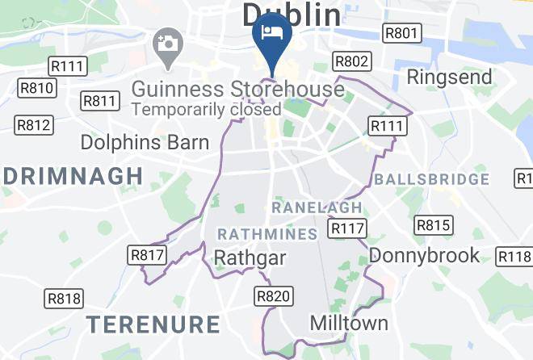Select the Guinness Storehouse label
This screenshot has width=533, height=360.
pos(237,87)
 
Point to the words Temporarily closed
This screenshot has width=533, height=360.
pos(206,109)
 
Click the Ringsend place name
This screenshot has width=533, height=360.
pos(450,77)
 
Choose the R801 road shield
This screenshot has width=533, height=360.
pos(401,33)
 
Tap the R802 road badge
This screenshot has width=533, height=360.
pos(353,62)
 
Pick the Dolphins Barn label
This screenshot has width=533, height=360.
pos(145,143)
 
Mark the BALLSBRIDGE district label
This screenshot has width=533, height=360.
pos(431,178)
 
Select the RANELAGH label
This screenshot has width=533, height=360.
pos(317,207)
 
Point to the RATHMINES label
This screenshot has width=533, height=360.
pos(267,234)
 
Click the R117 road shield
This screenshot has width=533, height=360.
pos(348,229)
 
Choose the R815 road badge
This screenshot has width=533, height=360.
pos(434,224)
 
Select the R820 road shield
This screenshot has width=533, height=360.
pos(272,296)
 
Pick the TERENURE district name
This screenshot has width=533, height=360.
pos(153,324)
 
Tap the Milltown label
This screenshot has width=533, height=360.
pos(349,323)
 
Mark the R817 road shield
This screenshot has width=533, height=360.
pos(147,256)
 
